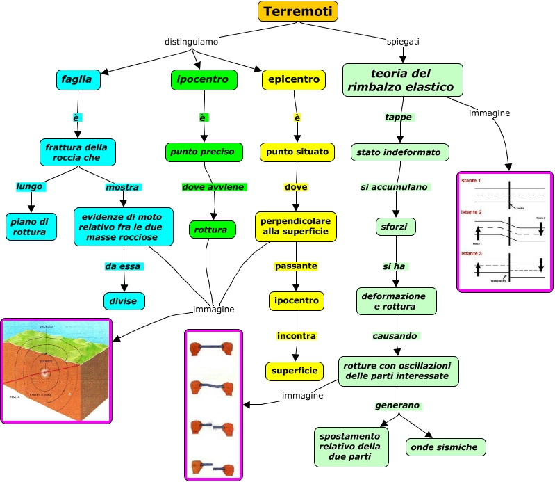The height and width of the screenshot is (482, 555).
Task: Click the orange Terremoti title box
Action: pos(298,12)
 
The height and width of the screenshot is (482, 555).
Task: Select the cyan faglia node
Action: pos(78,80)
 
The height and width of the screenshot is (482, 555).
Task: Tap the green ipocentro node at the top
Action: pos(204,80)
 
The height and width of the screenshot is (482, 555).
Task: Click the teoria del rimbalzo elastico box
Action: pos(402,80)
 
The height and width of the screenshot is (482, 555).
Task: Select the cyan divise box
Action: pos(124,300)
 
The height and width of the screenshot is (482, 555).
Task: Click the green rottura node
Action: pos(212,229)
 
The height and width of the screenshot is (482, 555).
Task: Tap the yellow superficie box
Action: pos(295,371)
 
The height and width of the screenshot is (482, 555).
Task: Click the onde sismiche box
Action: pos(445,447)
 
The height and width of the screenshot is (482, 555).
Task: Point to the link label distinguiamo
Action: pos(191,42)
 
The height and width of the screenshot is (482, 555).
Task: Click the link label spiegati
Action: pos(403,42)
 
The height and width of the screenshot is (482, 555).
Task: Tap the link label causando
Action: pos(395,336)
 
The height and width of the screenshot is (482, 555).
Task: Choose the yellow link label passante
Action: pos(296,266)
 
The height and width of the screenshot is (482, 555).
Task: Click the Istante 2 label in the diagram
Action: pos(471,211)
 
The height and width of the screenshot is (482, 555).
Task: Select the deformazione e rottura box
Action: pos(396,300)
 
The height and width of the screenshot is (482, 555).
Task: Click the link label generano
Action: pos(398,405)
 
